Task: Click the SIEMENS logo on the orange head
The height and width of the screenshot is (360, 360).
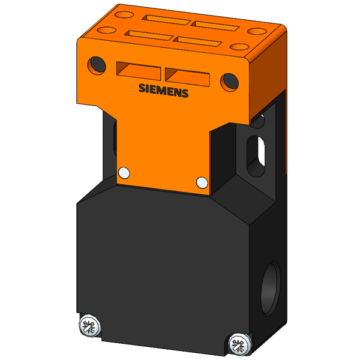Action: coord(163,91)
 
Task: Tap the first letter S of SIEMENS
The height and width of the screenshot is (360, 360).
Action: coord(142,88)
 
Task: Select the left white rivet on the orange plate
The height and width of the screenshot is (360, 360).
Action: coord(124,173)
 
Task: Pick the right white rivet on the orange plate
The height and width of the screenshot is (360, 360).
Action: coord(202,182)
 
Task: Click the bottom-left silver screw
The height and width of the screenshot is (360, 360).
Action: coord(90,326)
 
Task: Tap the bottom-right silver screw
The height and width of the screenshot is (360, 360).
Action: coord(240,344)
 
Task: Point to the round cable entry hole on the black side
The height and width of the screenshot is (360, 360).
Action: coord(271,289)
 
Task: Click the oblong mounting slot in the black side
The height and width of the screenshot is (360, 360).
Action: coord(256,156)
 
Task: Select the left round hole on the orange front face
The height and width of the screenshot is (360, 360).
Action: coord(97,65)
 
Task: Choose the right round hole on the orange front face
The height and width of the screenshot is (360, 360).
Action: coord(229,82)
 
